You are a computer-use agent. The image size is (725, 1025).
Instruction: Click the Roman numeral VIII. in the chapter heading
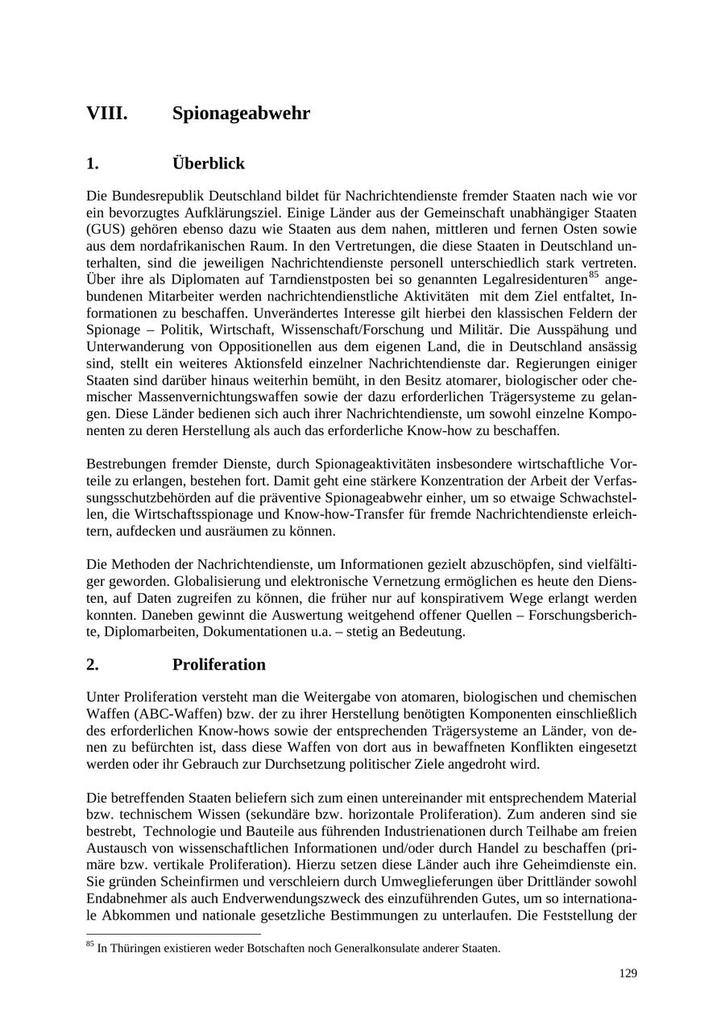(x=107, y=114)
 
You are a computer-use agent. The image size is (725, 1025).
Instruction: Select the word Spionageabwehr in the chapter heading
(x=241, y=114)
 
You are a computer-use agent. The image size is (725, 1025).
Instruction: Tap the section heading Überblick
(x=208, y=164)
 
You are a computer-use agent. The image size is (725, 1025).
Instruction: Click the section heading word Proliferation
(x=218, y=665)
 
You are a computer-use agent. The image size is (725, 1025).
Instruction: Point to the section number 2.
(x=93, y=665)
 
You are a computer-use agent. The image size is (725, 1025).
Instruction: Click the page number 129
(x=628, y=973)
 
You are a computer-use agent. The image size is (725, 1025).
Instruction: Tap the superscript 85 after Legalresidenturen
(x=594, y=275)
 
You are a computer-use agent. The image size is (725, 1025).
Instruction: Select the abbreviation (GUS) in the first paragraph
(x=105, y=229)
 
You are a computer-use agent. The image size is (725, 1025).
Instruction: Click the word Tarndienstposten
(x=280, y=280)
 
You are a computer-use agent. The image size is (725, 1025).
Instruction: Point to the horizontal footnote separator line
(x=173, y=935)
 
